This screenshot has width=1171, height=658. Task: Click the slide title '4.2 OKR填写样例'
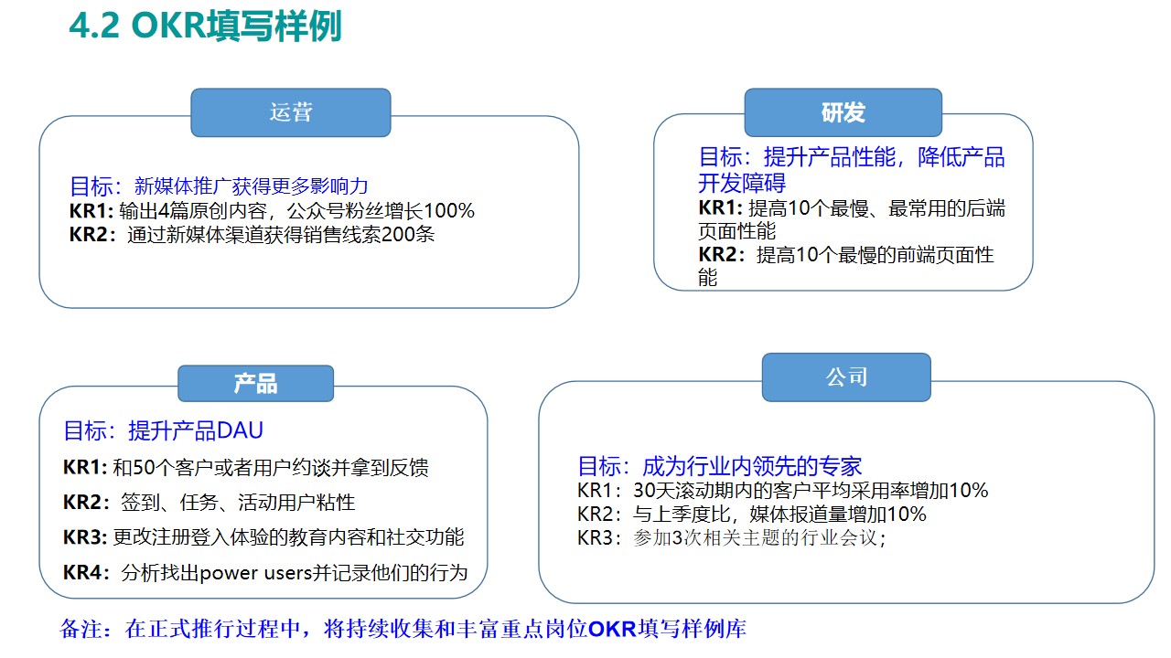coord(205,26)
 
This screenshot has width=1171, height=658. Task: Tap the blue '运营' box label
coord(291,112)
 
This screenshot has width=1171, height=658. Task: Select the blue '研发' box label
coord(843,112)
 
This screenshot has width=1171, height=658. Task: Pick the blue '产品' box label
coord(255,384)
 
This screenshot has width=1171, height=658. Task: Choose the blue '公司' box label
coord(846,377)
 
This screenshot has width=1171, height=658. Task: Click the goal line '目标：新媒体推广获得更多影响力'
coord(219,186)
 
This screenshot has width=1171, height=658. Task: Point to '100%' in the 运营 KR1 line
coord(449,211)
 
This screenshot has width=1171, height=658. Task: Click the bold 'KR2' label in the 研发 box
coord(717,256)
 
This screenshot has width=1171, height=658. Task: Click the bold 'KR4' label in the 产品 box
coord(85,573)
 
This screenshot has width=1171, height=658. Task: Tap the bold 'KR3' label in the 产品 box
coord(85,537)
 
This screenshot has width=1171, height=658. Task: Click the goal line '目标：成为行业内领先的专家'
coord(719,466)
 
